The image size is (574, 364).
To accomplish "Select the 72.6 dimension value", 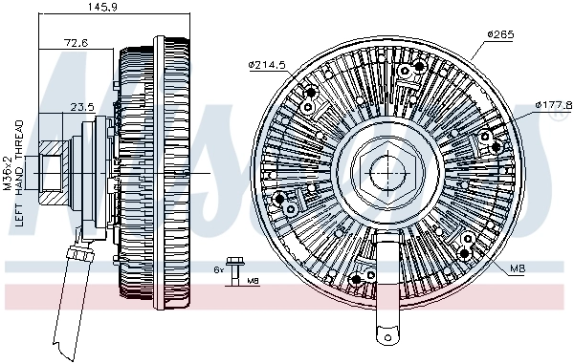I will pos(77,44).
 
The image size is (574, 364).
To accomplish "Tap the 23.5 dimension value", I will pos(84,108).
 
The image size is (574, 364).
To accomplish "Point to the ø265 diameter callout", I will pos(500,35).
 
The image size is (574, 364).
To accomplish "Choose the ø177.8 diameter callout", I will pos(553,104).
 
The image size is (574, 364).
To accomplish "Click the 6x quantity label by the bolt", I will pos(218,269).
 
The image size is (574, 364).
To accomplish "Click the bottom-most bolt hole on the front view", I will pos(357,279).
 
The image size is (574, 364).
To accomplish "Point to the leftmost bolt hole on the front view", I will pos(278,200).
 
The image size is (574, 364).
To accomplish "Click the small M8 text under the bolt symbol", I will pos(252,282).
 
